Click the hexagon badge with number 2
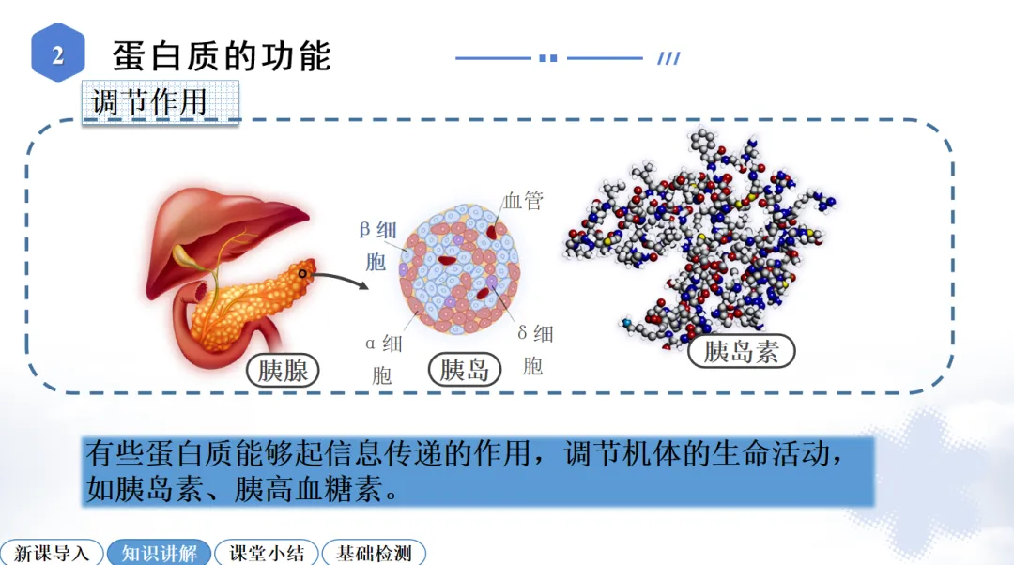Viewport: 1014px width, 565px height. [58, 54]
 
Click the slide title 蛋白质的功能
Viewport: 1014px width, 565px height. [222, 55]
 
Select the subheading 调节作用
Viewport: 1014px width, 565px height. [150, 101]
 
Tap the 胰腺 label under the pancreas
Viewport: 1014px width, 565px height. [283, 370]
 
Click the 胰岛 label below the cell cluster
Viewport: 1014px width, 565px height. [465, 369]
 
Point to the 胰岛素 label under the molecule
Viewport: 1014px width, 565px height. [741, 351]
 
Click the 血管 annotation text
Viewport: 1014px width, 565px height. [523, 201]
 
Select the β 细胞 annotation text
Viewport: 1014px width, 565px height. [377, 244]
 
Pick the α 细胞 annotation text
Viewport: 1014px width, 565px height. [383, 359]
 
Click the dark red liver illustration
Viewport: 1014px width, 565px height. [225, 225]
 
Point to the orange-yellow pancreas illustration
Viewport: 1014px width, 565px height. [244, 300]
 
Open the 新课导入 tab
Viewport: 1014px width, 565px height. [52, 553]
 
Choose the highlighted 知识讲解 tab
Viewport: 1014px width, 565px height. [160, 553]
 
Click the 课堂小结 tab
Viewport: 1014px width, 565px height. [267, 553]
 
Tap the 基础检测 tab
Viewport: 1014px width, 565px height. [374, 553]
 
